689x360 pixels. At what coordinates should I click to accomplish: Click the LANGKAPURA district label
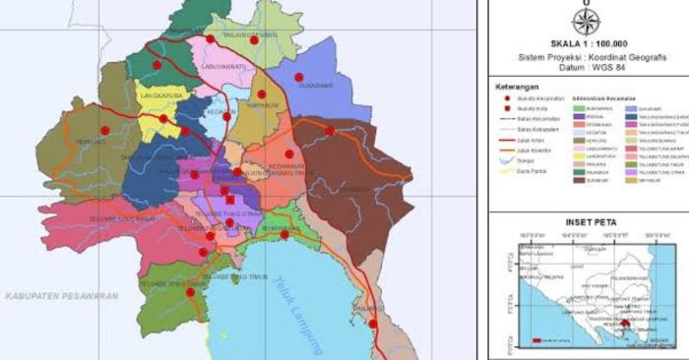click(x=164, y=95)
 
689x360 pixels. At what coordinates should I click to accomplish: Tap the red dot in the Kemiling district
click(x=104, y=130)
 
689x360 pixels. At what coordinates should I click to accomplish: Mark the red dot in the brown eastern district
click(x=330, y=131)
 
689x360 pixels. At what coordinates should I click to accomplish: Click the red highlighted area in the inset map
click(x=627, y=322)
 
